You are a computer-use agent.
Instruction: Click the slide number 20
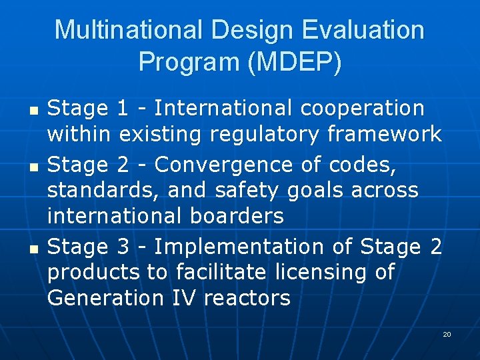pyautogui.click(x=447, y=334)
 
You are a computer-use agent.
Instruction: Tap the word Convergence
pyautogui.click(x=221, y=164)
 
